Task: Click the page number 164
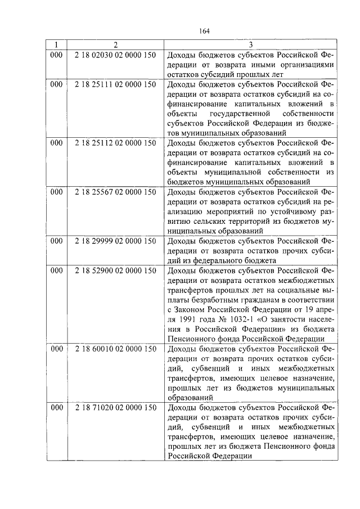pos(204,31)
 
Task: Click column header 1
pos(56,45)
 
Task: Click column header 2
pos(115,45)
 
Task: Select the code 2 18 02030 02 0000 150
pos(115,55)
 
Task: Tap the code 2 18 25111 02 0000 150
pos(115,84)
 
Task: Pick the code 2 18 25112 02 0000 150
pos(115,143)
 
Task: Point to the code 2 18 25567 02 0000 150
pos(115,191)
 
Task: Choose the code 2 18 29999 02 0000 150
pos(115,240)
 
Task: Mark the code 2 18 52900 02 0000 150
pos(115,271)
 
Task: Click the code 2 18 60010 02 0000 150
pos(115,348)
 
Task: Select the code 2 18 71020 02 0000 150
pos(115,407)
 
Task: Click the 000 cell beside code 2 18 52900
pos(56,271)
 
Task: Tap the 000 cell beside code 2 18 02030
pos(56,55)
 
